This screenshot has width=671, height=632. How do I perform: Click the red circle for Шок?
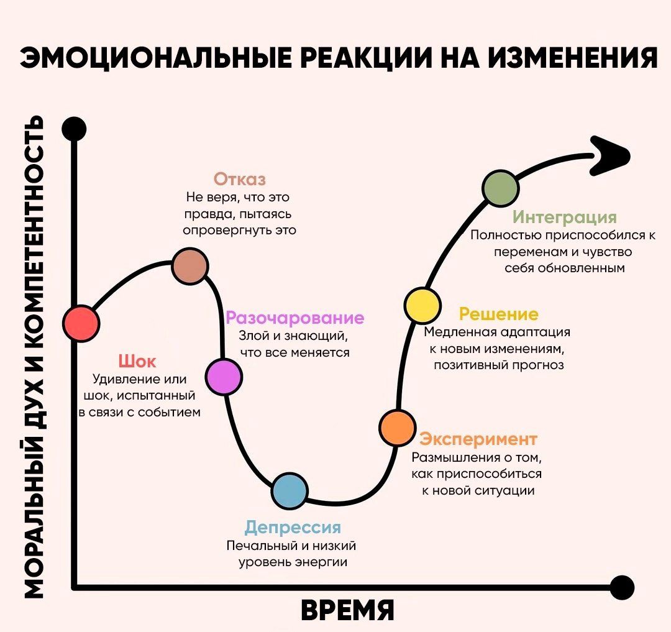[x=81, y=324]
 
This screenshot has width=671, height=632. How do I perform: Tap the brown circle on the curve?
[x=190, y=266]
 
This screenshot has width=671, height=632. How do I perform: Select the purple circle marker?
[x=224, y=377]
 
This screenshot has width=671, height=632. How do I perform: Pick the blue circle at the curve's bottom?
[x=290, y=491]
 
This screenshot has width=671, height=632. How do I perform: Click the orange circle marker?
[x=398, y=428]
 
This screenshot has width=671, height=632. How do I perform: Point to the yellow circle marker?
[x=422, y=306]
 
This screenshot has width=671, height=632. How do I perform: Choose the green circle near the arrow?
[x=500, y=188]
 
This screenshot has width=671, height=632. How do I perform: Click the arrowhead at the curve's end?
[x=610, y=156]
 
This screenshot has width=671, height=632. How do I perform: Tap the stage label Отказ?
[x=240, y=179]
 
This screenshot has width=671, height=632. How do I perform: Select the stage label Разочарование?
[x=295, y=318]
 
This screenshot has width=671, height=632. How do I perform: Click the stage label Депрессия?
[x=293, y=528]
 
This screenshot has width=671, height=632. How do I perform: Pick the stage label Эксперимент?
[x=478, y=439]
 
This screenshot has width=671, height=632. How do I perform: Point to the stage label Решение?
[x=498, y=314]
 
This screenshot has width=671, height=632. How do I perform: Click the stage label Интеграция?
[x=565, y=218]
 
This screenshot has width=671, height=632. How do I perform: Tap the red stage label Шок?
[x=137, y=362]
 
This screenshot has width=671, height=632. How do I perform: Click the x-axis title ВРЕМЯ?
[x=347, y=610]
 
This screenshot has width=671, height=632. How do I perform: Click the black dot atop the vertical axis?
[x=74, y=129]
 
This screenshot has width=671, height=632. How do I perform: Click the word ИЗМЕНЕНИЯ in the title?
[x=573, y=57]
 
